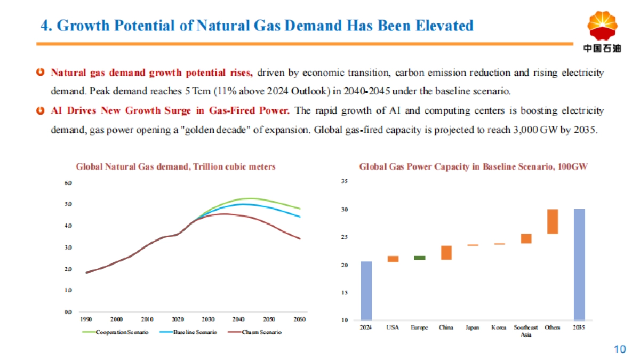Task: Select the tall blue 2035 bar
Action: (x=579, y=264)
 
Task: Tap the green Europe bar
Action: (x=420, y=258)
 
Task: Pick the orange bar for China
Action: (x=446, y=253)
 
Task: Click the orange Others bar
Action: (x=553, y=221)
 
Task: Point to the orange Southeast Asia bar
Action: (x=526, y=238)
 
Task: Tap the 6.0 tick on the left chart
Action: (x=68, y=182)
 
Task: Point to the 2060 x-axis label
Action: (x=300, y=319)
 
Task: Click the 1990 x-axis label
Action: (x=86, y=319)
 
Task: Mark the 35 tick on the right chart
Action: (x=345, y=182)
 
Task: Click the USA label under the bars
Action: (x=393, y=327)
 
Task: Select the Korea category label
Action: (x=499, y=327)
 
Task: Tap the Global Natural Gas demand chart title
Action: (x=175, y=166)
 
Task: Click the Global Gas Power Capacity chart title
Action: (x=473, y=166)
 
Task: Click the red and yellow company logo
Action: (x=602, y=27)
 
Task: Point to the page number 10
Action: (x=620, y=349)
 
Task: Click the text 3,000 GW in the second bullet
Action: (x=534, y=130)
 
